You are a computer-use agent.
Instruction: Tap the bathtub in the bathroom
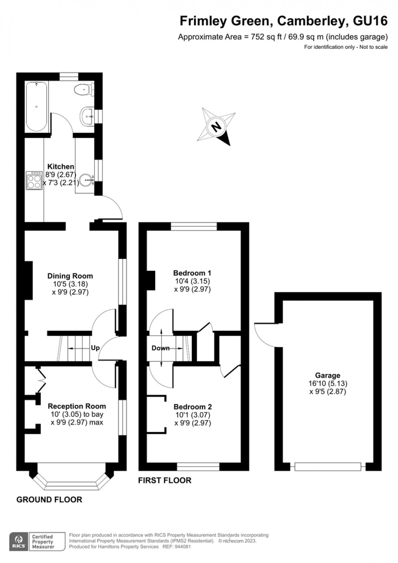click(x=37, y=107)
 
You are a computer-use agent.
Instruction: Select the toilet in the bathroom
click(x=84, y=89)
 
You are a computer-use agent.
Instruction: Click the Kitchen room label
click(x=61, y=167)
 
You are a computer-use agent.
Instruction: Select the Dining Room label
click(x=70, y=276)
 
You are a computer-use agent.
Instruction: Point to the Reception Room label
click(x=77, y=406)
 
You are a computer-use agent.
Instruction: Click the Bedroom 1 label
click(x=192, y=273)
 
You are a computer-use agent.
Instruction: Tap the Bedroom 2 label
click(x=193, y=407)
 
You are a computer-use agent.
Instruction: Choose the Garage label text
click(x=327, y=376)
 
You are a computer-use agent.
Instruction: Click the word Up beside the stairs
click(x=95, y=348)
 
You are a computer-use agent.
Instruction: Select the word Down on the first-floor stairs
click(x=160, y=348)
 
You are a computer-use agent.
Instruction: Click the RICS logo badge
click(x=18, y=541)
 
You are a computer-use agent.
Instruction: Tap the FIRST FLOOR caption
click(x=164, y=480)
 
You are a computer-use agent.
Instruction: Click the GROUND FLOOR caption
click(x=49, y=500)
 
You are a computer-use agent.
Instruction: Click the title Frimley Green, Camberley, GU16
click(x=283, y=21)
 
